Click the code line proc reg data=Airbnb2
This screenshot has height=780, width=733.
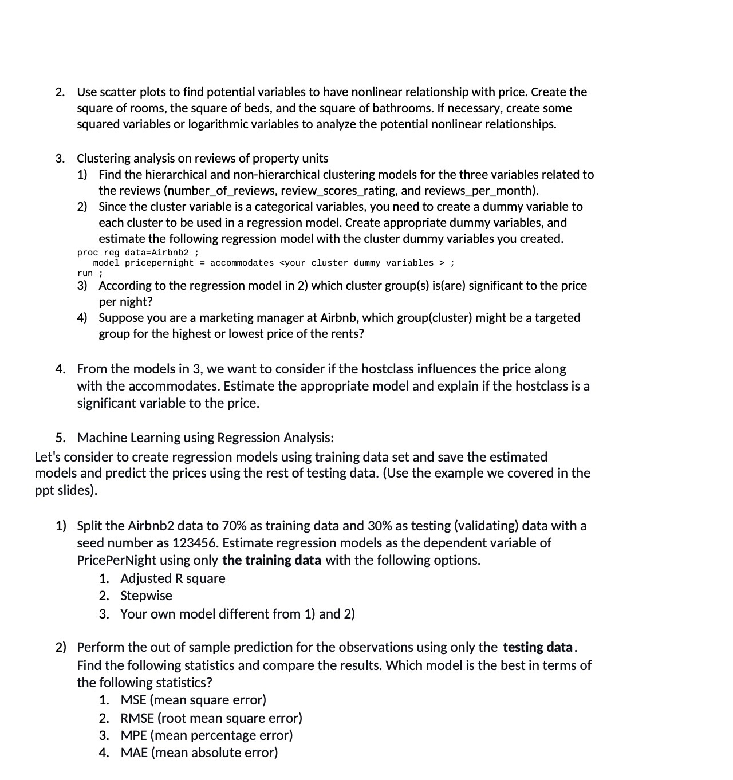(x=138, y=253)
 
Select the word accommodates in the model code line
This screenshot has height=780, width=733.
(x=242, y=263)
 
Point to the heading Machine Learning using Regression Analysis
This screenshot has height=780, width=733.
(x=205, y=438)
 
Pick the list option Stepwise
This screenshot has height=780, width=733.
(x=146, y=596)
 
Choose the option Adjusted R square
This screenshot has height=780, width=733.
(x=172, y=578)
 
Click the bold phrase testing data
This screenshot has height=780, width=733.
(x=537, y=647)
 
